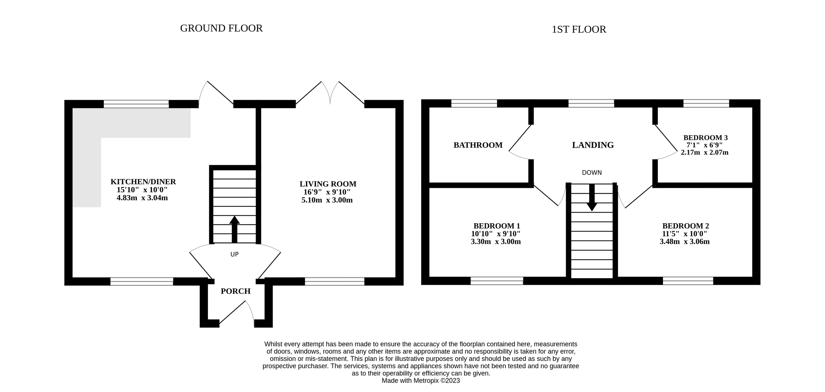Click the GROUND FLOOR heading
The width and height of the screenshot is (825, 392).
pyautogui.click(x=221, y=28)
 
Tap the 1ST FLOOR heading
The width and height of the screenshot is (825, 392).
pyautogui.click(x=579, y=30)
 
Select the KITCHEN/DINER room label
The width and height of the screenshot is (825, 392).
pyautogui.click(x=143, y=182)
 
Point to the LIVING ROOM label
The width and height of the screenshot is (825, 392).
pyautogui.click(x=328, y=184)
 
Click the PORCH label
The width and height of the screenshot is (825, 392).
pyautogui.click(x=235, y=291)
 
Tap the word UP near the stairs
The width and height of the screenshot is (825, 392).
pyautogui.click(x=234, y=255)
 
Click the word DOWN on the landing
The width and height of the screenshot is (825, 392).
pyautogui.click(x=592, y=173)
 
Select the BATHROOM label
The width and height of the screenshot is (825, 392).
pyautogui.click(x=478, y=145)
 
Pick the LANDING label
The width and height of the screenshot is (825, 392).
pyautogui.click(x=593, y=145)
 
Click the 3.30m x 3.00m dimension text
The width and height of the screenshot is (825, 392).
pyautogui.click(x=495, y=242)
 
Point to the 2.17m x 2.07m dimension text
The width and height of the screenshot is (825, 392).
pyautogui.click(x=704, y=153)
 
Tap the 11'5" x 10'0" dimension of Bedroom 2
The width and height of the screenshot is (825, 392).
pyautogui.click(x=684, y=234)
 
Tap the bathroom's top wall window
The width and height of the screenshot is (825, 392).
pyautogui.click(x=474, y=103)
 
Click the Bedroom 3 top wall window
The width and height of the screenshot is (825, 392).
pyautogui.click(x=706, y=103)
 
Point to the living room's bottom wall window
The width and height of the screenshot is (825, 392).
pyautogui.click(x=334, y=282)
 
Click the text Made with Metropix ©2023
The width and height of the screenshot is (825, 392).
pyautogui.click(x=420, y=381)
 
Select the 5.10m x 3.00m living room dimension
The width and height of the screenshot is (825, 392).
pyautogui.click(x=327, y=200)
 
